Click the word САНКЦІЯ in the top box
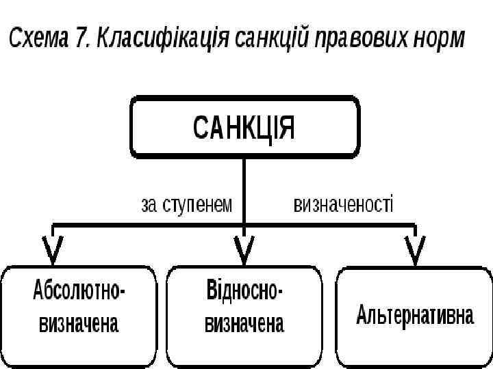(x=244, y=127)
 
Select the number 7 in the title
(x=82, y=38)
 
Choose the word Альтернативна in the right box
(x=415, y=316)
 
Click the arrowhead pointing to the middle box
(x=244, y=250)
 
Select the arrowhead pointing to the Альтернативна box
(x=415, y=250)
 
